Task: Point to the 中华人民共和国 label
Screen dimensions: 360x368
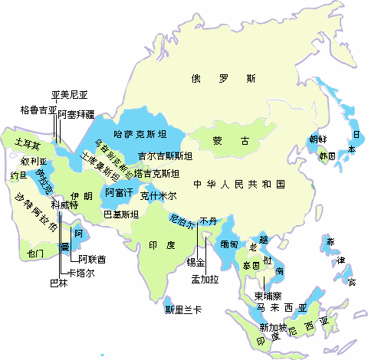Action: point(238,185)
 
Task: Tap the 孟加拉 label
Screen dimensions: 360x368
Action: point(205,279)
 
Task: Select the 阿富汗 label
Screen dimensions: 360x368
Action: point(120,191)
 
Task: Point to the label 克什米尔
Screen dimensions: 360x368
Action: point(158,196)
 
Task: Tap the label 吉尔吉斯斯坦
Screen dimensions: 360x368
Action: point(165,156)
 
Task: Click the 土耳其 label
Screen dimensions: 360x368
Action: point(28,142)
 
